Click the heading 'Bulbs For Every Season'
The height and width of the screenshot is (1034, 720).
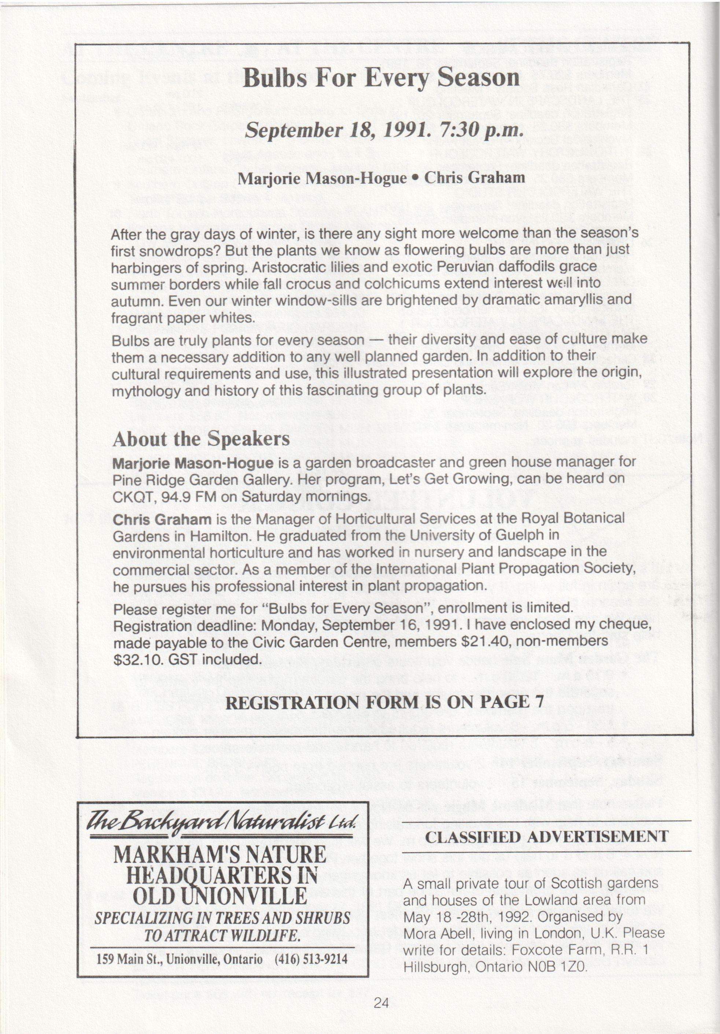click(x=381, y=78)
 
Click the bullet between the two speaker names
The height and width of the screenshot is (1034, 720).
click(x=416, y=177)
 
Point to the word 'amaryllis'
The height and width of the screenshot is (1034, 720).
click(x=587, y=299)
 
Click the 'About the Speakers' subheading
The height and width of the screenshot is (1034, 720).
click(x=201, y=439)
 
